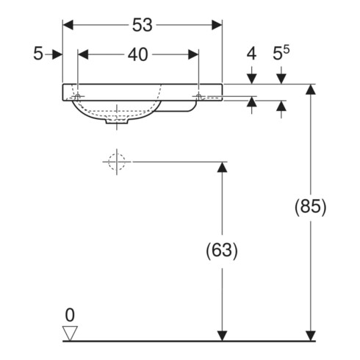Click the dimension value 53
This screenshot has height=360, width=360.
click(x=143, y=25)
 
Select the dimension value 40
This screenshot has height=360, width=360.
click(x=138, y=54)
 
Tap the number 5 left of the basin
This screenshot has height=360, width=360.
click(x=38, y=54)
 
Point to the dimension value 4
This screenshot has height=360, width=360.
click(x=251, y=54)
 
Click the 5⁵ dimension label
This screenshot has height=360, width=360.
click(x=281, y=53)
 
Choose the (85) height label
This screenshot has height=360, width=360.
click(x=311, y=207)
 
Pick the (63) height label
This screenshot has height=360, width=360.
click(x=222, y=251)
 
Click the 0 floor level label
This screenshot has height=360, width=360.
click(x=70, y=315)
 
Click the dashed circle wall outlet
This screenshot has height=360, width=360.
click(x=117, y=162)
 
